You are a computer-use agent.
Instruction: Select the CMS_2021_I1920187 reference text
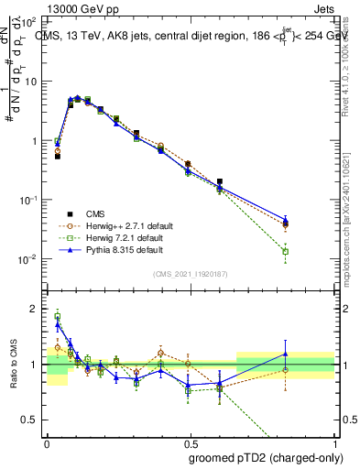[x=190, y=274]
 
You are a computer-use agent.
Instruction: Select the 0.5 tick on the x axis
[x=191, y=442]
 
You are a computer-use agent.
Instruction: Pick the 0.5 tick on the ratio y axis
[x=31, y=420]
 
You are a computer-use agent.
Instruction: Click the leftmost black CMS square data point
[x=58, y=157]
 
